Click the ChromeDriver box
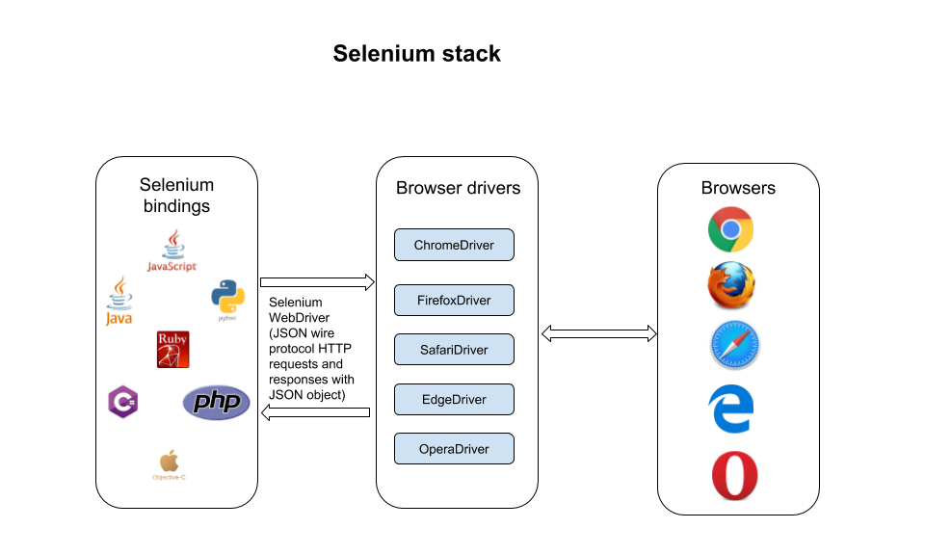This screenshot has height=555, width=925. click(x=454, y=245)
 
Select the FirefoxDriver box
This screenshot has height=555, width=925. click(x=454, y=301)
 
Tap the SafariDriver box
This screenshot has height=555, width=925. click(x=454, y=350)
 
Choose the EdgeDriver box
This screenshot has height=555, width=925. click(x=454, y=399)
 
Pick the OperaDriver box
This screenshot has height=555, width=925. click(x=454, y=449)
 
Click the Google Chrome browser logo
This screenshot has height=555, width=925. click(x=730, y=229)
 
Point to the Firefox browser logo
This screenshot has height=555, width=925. click(x=732, y=287)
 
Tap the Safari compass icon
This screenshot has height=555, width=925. click(x=735, y=345)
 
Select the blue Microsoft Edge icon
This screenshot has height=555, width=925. click(x=730, y=409)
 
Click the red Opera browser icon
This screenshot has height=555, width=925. click(x=735, y=476)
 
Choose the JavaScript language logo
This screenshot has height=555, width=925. click(x=172, y=251)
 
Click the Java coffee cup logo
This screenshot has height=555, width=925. click(x=119, y=301)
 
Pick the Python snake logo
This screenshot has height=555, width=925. click(x=227, y=300)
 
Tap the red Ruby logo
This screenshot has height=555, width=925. click(x=172, y=350)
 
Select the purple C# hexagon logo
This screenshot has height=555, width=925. click(x=122, y=401)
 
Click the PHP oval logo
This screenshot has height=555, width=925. click(x=216, y=403)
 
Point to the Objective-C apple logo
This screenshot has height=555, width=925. click(x=169, y=466)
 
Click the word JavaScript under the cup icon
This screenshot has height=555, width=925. click(x=172, y=266)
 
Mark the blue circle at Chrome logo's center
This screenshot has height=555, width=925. click(x=730, y=229)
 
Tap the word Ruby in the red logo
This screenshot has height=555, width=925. click(x=172, y=339)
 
